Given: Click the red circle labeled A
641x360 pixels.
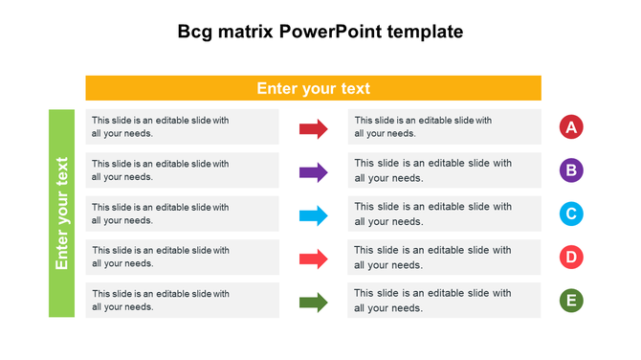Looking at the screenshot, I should click(571, 127).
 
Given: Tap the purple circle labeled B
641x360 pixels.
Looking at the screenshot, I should click(571, 171).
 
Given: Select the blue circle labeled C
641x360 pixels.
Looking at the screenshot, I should click(571, 214).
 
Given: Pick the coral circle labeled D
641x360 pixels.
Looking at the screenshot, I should click(571, 258).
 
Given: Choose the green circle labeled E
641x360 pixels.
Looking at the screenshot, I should click(571, 301).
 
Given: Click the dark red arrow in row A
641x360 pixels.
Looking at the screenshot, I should click(314, 128).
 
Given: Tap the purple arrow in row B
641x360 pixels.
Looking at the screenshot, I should click(314, 172).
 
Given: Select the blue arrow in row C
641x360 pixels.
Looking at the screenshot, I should click(314, 215).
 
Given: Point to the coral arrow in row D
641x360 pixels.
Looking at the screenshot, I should click(314, 259).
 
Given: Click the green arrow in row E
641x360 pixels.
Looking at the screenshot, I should click(314, 303).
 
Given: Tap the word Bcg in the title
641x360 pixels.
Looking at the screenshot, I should click(196, 32).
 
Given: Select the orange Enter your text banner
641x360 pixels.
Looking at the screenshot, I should click(313, 88).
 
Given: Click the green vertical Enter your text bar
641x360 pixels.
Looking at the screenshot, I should click(61, 214).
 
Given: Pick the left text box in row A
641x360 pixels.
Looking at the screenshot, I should click(182, 127).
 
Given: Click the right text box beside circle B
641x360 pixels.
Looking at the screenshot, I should click(444, 170).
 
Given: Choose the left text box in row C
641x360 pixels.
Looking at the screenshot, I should click(182, 214).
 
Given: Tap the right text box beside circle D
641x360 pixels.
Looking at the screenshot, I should click(444, 258).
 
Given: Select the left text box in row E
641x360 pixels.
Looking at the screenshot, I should click(182, 301).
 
